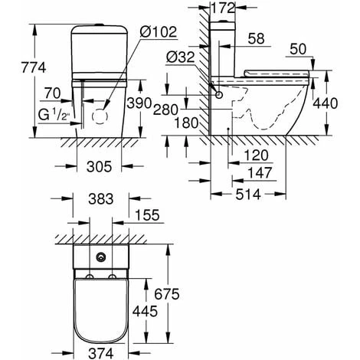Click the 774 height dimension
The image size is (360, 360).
coord(34,67)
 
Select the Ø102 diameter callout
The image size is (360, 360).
coord(159,32)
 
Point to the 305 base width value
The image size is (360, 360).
coord(100,166)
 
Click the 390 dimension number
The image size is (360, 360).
coord(139,103)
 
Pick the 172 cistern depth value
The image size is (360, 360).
coord(223,8)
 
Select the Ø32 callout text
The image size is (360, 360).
coord(181,57)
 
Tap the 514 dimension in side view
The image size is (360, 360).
coord(248,195)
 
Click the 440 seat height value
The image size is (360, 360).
coord(326,103)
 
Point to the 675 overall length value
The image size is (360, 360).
coord(167,294)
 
